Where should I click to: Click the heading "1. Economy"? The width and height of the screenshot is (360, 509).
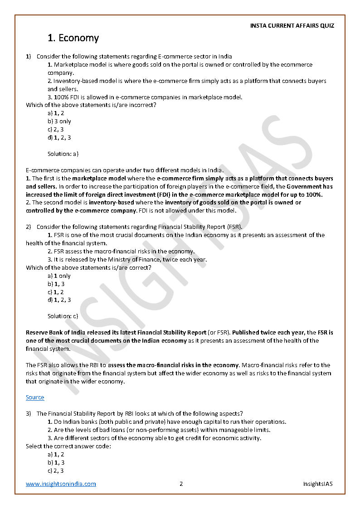click(x=73, y=38)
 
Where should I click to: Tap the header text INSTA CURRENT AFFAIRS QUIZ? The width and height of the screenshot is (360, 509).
click(x=292, y=26)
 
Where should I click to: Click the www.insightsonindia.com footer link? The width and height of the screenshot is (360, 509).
click(x=61, y=484)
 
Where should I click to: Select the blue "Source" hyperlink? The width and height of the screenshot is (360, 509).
click(x=35, y=398)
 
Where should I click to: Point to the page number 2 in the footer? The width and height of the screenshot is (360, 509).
click(x=181, y=484)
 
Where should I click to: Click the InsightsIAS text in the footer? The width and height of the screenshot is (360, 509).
click(x=318, y=484)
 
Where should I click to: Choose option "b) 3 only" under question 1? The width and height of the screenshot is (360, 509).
click(x=59, y=121)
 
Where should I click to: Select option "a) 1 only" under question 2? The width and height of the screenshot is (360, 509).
click(x=59, y=276)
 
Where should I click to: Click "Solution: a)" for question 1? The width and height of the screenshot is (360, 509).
click(x=63, y=154)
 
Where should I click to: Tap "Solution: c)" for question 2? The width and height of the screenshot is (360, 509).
click(x=63, y=316)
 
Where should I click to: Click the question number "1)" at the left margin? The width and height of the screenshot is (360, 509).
click(x=28, y=57)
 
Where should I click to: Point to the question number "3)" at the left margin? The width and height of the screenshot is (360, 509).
click(x=28, y=413)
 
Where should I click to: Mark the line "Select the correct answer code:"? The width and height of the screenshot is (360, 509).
click(x=68, y=446)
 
